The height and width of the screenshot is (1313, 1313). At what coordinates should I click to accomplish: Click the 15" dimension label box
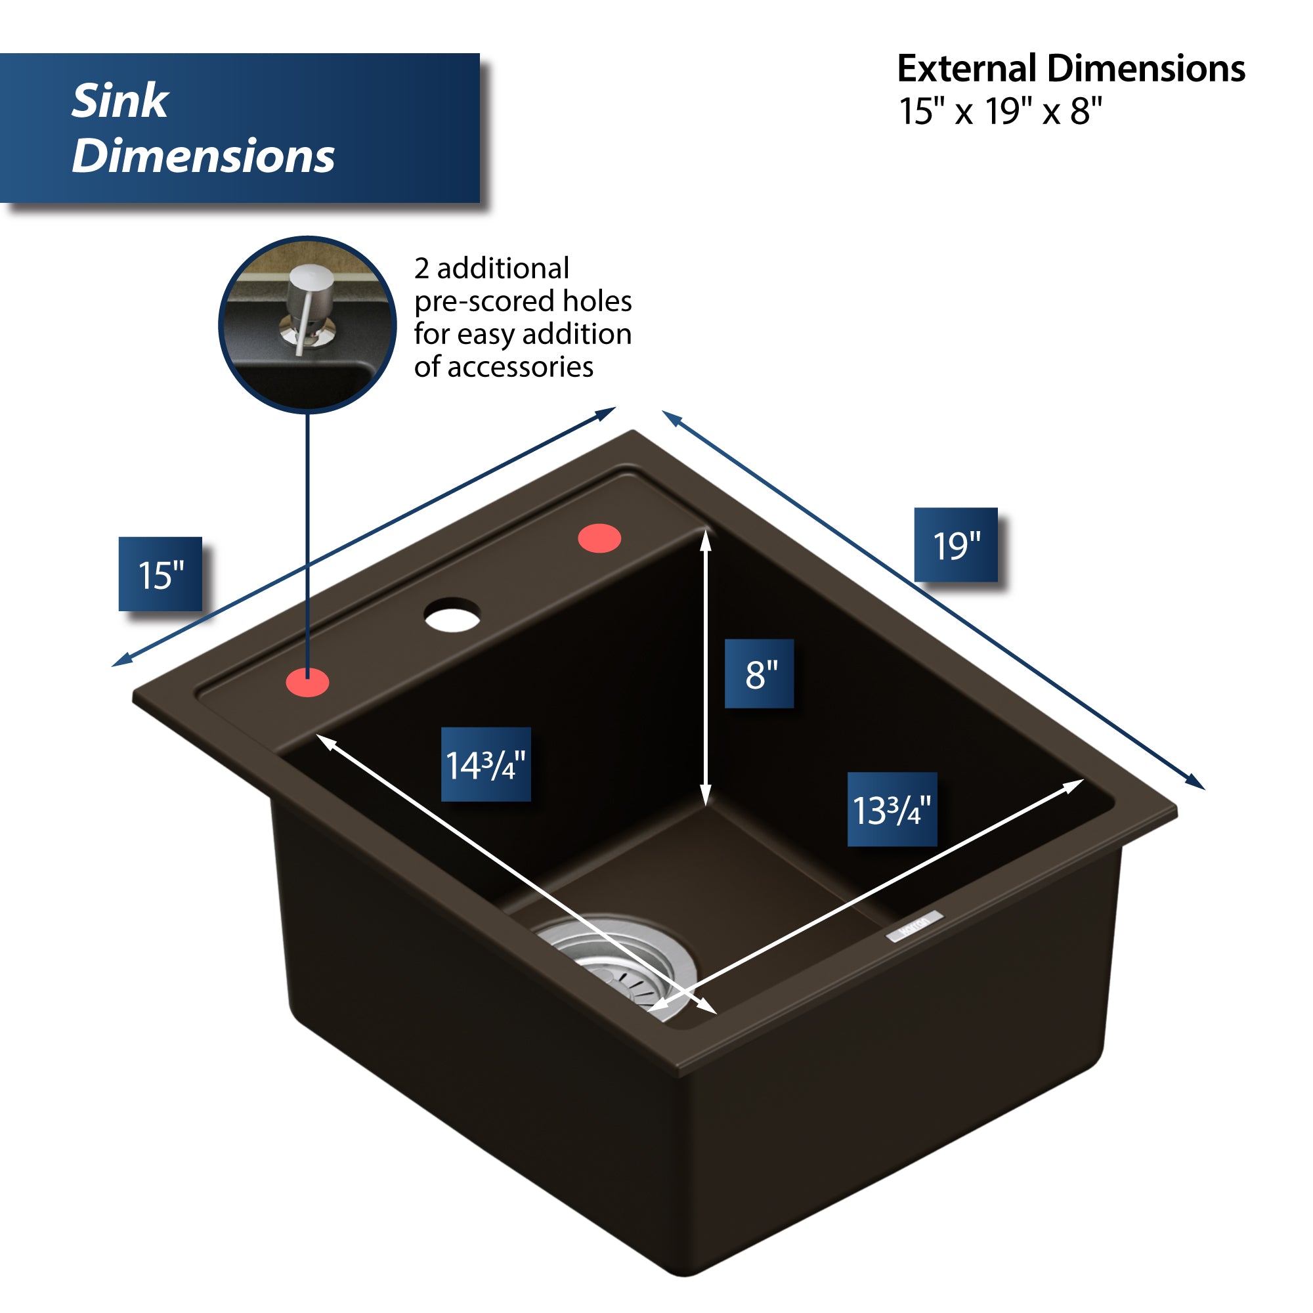(160, 574)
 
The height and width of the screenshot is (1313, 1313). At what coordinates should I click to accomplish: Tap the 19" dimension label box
(955, 545)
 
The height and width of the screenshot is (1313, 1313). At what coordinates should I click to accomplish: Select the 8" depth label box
(759, 674)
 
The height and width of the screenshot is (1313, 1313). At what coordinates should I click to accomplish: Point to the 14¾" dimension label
(486, 765)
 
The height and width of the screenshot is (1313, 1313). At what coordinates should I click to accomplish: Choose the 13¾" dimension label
(892, 809)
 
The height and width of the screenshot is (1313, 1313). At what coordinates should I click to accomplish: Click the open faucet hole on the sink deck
(452, 614)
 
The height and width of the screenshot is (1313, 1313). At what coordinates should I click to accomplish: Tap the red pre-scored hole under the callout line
(308, 682)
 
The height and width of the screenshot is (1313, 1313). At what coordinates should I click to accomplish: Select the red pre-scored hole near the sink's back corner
(599, 538)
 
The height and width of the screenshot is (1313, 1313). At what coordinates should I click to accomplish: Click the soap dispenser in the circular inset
(309, 306)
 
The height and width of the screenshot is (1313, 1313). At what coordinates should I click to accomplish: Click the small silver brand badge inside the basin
(914, 926)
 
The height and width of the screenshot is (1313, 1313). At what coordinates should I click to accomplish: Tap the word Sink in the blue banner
(120, 101)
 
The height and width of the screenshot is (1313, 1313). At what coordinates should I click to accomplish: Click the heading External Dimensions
(1070, 69)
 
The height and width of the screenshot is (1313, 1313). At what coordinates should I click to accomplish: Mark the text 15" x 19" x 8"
(1001, 111)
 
